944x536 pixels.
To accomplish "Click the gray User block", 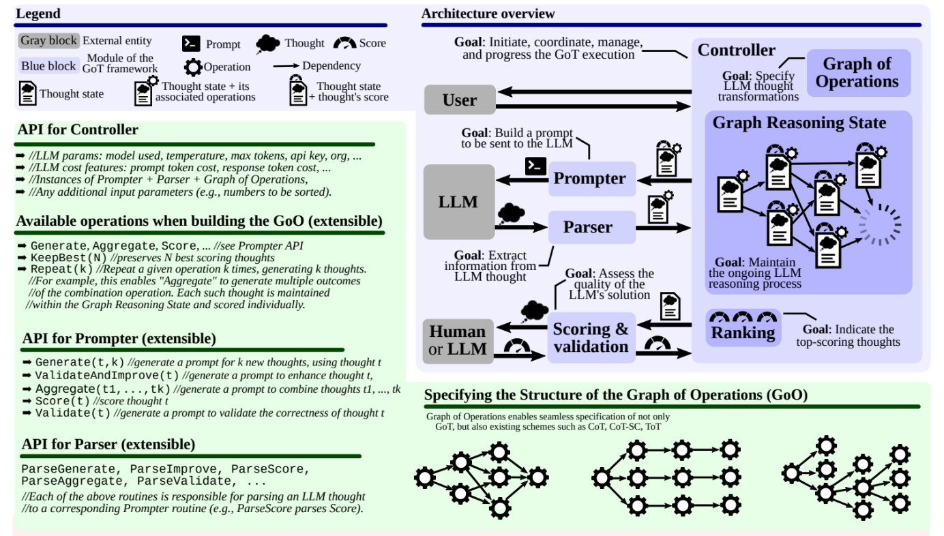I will tap(459, 100).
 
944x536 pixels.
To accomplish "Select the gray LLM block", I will tap(458, 202).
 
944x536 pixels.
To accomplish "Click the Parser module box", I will tap(588, 227).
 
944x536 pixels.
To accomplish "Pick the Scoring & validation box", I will tap(591, 338).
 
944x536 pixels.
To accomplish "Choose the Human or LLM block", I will tap(458, 341).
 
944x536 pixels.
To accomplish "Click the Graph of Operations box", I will tap(857, 73).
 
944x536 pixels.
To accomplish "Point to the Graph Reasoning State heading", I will tap(799, 123).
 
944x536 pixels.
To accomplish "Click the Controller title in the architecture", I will tap(737, 50).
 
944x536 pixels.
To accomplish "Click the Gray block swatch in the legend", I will tap(48, 40).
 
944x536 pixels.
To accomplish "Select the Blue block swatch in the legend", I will tap(48, 66).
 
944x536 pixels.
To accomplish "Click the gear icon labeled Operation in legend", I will tap(193, 67).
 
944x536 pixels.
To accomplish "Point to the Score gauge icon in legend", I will tap(344, 43).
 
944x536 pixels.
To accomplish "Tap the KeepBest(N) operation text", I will tap(68, 258).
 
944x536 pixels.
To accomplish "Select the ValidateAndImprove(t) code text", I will tap(107, 375).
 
